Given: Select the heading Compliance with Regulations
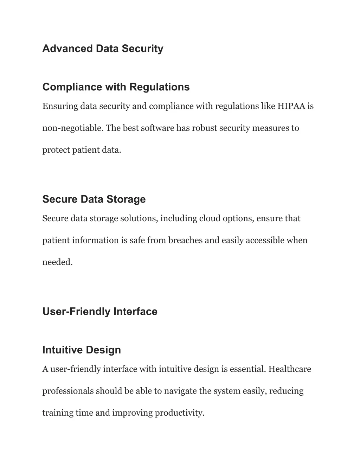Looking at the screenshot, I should pyautogui.click(x=116, y=87).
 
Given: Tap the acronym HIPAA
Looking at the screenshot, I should pyautogui.click(x=291, y=106).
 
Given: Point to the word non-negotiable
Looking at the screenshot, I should pyautogui.click(x=72, y=128).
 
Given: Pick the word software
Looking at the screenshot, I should pyautogui.click(x=157, y=128).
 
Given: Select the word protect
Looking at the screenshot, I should pyautogui.click(x=56, y=150).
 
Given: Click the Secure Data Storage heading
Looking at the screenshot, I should pyautogui.click(x=94, y=199).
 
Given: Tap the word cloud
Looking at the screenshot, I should pyautogui.click(x=210, y=218).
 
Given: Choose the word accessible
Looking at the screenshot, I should pyautogui.click(x=265, y=240).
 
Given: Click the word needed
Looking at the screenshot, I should pyautogui.click(x=57, y=262).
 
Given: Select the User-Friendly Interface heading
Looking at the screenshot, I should pyautogui.click(x=100, y=311).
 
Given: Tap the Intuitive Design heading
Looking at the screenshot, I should pyautogui.click(x=82, y=350).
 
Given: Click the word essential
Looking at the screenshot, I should pyautogui.click(x=248, y=369).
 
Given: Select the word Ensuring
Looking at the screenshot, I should pyautogui.click(x=60, y=106).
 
